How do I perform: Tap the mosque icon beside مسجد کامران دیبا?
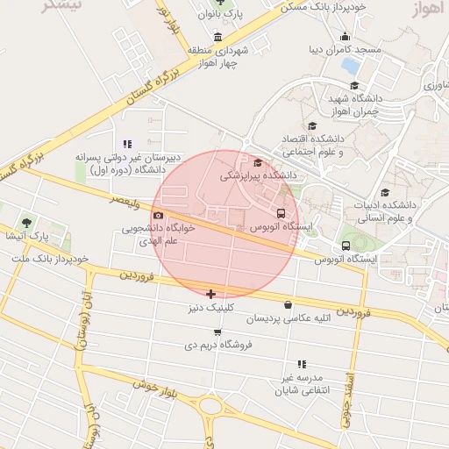[344, 36]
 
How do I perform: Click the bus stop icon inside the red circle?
[282, 213]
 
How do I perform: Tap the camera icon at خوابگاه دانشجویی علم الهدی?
[158, 215]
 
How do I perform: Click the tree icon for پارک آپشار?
[26, 222]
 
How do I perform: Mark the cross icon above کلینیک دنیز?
[210, 294]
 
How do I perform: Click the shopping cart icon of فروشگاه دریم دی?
[217, 331]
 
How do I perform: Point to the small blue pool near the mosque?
[351, 66]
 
